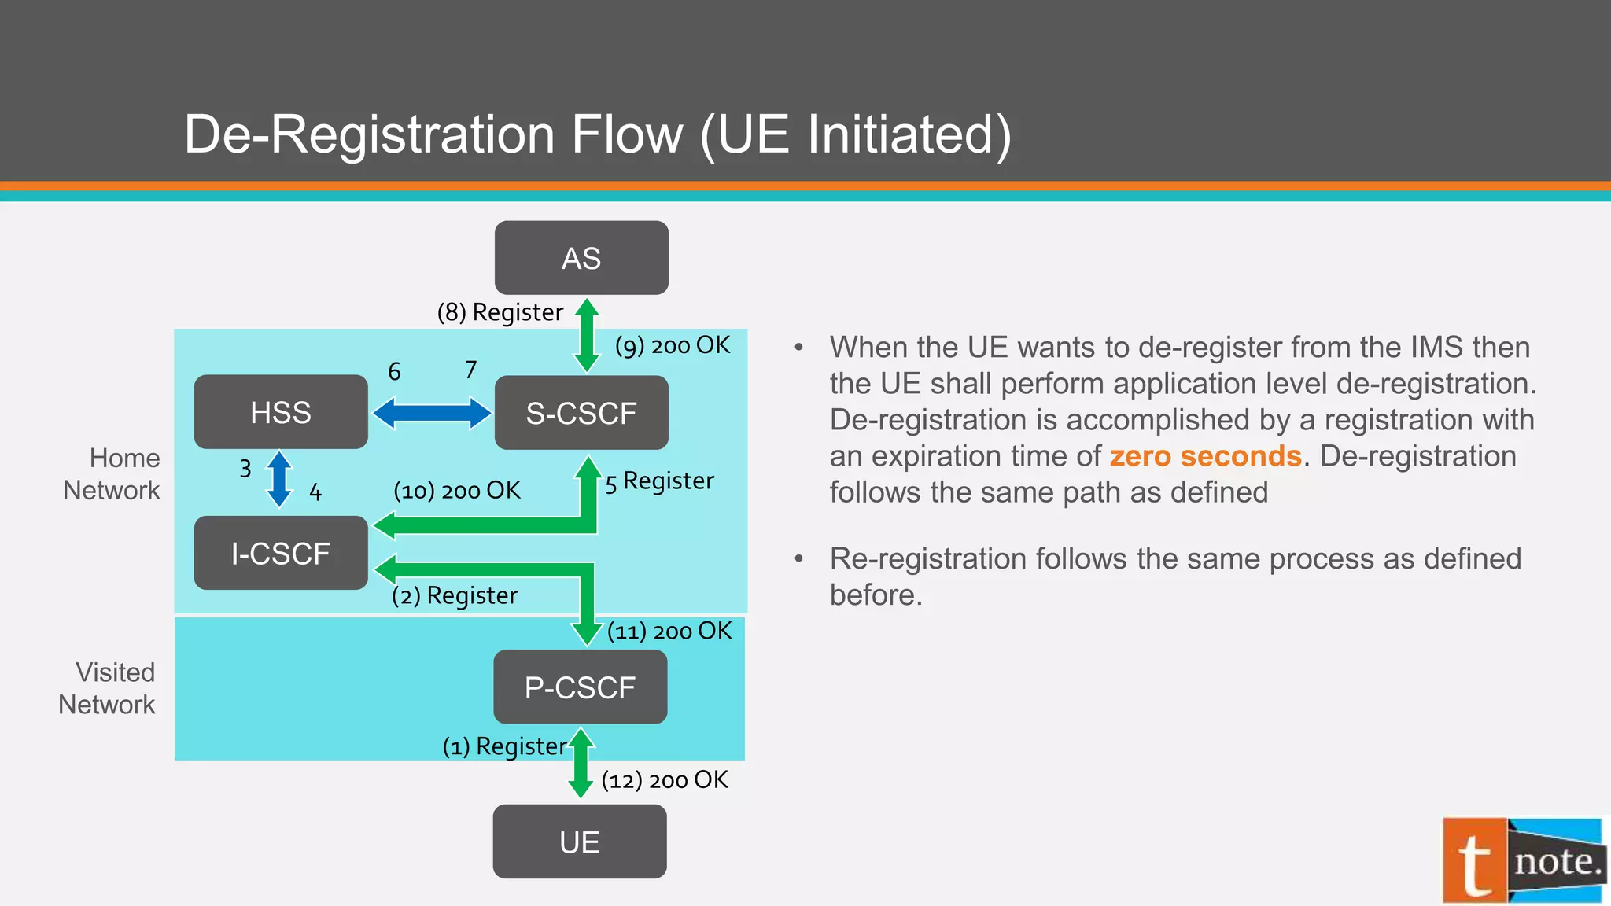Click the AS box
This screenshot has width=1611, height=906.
click(581, 258)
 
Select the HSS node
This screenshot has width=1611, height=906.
click(281, 412)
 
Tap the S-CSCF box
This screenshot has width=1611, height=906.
click(581, 413)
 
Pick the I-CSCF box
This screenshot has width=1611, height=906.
click(281, 553)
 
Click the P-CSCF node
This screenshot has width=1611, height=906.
click(580, 687)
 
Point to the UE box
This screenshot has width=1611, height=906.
click(580, 842)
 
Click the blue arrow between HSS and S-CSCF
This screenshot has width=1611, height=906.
click(431, 413)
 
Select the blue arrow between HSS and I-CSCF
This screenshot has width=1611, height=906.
click(279, 479)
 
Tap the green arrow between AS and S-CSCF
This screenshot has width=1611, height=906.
click(587, 335)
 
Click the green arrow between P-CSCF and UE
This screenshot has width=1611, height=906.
click(581, 763)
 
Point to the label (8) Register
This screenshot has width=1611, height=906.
click(500, 312)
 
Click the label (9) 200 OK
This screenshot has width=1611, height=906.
click(673, 345)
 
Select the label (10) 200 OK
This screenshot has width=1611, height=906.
click(457, 491)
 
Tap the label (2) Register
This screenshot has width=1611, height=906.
click(455, 595)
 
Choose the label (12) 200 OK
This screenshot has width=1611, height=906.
click(665, 780)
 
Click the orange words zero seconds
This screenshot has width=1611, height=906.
click(1205, 456)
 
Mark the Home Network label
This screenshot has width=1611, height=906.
click(112, 474)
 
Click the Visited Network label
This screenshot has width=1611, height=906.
click(107, 688)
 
